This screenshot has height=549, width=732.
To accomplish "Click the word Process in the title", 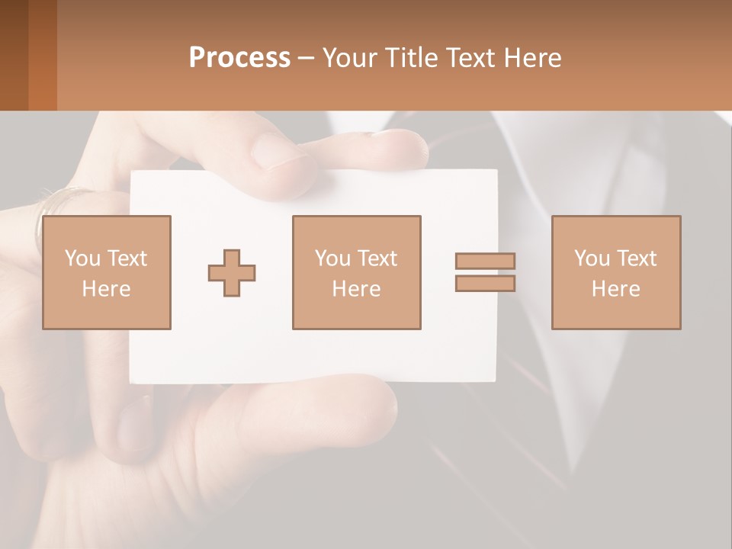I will [x=239, y=58].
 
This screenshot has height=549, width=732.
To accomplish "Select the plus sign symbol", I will [x=232, y=272].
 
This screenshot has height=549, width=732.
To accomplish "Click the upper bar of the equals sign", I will [x=485, y=261].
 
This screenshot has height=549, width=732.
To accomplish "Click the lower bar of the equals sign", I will [x=485, y=284].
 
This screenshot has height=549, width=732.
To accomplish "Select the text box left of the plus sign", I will [x=107, y=272].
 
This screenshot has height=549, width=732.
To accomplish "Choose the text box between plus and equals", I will [x=356, y=272].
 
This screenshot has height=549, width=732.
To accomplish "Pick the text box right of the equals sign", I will [x=616, y=272].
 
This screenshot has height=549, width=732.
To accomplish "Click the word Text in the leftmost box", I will [x=127, y=258].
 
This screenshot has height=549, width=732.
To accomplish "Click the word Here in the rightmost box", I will [x=616, y=289].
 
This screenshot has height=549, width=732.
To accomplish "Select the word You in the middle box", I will [x=332, y=258].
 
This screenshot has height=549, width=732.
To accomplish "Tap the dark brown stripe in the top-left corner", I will [x=14, y=55].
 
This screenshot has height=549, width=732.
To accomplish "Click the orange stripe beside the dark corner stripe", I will [x=43, y=55].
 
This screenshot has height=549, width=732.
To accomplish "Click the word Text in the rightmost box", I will [x=637, y=258].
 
